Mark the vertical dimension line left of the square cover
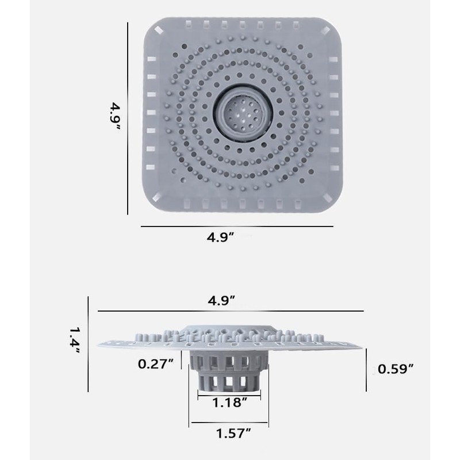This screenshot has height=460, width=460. [127, 117]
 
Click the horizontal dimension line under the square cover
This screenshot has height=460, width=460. [237, 226]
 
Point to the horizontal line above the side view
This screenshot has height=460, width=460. [230, 311]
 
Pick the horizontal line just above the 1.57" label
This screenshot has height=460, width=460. [230, 423]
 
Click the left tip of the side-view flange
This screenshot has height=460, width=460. [100, 346]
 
